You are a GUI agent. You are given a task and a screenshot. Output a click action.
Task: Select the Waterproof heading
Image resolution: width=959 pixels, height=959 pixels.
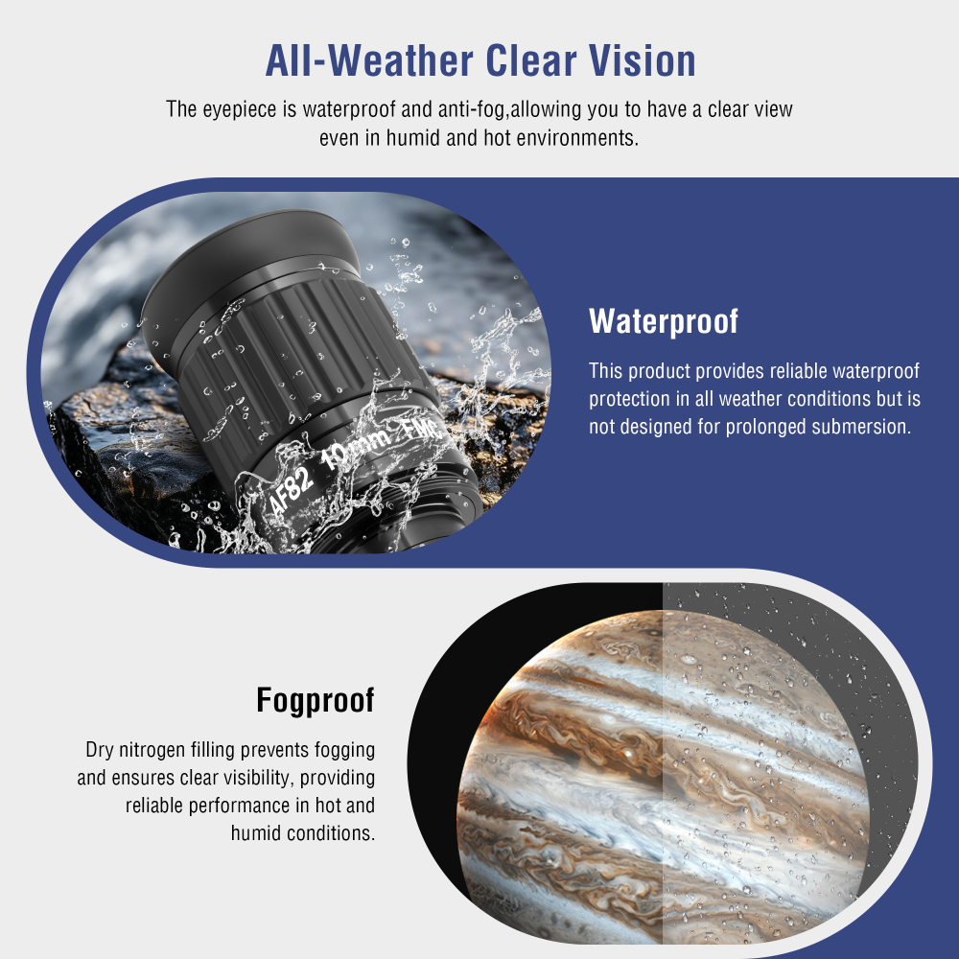[664, 321]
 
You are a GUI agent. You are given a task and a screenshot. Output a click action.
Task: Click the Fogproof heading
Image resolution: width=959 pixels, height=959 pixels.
[315, 701]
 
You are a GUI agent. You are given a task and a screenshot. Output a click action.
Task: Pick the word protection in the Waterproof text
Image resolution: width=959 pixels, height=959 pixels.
[634, 399]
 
